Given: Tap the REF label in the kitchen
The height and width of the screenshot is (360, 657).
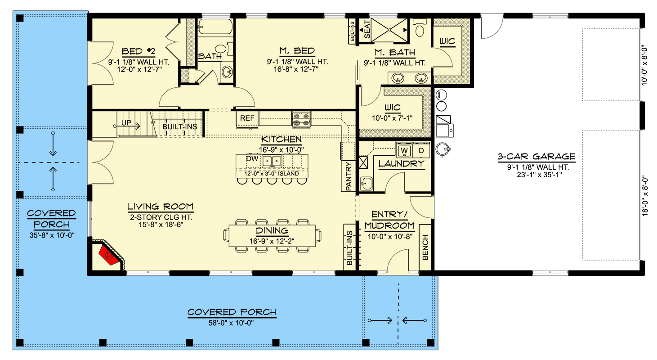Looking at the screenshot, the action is click(247, 118).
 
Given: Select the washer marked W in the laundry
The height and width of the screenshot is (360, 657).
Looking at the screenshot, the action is click(404, 151).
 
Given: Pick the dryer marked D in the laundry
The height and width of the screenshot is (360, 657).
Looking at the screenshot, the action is click(421, 151).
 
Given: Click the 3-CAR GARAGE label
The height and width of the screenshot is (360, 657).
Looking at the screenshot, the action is click(536, 157).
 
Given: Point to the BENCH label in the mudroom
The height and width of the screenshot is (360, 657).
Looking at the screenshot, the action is click(425, 247).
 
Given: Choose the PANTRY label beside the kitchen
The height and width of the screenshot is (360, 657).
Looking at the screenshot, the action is click(349, 176).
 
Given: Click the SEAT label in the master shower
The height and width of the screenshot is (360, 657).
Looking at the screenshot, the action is click(367, 29).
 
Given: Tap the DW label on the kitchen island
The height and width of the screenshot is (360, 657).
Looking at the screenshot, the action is click(252, 159).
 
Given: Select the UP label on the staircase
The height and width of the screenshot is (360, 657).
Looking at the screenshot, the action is click(126, 122).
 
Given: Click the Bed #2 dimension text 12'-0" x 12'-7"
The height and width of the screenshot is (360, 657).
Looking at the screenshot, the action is click(139, 70).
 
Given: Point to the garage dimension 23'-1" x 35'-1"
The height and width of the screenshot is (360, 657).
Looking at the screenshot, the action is click(539, 175).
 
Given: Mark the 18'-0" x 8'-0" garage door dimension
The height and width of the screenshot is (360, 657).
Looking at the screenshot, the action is click(645, 196).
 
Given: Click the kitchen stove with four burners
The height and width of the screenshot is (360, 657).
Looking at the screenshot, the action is click(301, 120).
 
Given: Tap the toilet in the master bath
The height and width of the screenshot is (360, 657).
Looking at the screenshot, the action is click(420, 28).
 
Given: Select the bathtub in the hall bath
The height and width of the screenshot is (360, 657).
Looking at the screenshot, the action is click(215, 27).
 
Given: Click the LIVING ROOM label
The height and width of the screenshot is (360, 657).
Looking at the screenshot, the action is click(161, 207).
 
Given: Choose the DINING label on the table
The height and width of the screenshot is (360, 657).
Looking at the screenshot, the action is click(272, 231).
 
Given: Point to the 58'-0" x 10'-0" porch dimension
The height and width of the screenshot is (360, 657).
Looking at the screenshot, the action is click(231, 323).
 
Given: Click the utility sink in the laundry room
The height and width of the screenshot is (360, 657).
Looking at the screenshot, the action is click(366, 184).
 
